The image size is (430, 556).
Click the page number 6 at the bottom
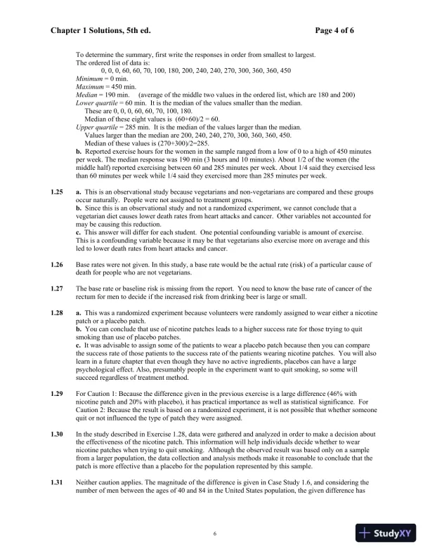tap(215, 534)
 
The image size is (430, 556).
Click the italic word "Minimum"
tap(88, 79)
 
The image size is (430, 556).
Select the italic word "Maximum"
tap(89, 86)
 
